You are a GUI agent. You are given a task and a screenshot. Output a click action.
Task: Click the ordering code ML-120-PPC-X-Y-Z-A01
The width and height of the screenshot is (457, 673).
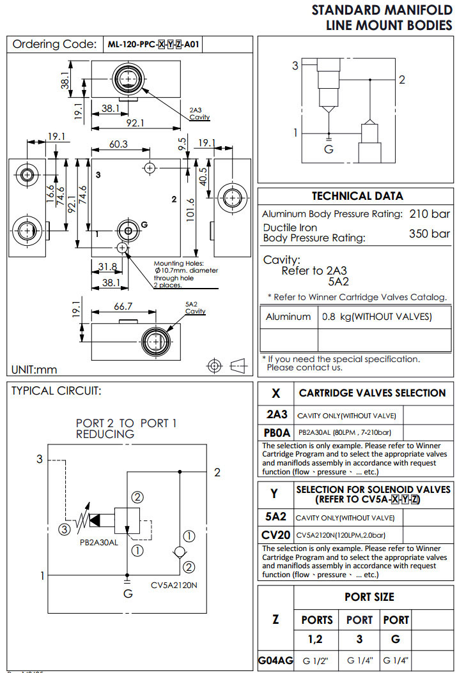(x=154, y=45)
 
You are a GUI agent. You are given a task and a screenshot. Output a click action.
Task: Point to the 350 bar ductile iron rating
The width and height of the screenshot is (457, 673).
(x=430, y=234)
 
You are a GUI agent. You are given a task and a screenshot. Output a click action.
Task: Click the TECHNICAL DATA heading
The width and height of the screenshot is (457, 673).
(x=357, y=196)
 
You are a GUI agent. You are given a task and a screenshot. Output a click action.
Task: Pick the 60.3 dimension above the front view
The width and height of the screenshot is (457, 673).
(x=118, y=144)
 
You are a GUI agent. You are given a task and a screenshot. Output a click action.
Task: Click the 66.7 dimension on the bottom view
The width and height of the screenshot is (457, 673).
(x=122, y=307)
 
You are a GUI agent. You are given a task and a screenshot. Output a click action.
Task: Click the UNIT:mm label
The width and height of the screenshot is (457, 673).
(x=35, y=370)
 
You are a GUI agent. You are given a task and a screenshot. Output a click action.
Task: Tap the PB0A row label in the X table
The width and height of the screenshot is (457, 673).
(x=277, y=432)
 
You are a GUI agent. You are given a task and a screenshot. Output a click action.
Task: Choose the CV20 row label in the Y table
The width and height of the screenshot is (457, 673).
(x=276, y=534)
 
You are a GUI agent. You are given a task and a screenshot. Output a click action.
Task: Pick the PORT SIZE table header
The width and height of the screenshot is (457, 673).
(x=369, y=597)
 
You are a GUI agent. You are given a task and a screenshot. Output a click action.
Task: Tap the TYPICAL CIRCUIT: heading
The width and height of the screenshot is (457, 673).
(x=56, y=391)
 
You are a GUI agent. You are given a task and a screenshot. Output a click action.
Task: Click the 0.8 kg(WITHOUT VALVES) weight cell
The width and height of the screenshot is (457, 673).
(x=377, y=317)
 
